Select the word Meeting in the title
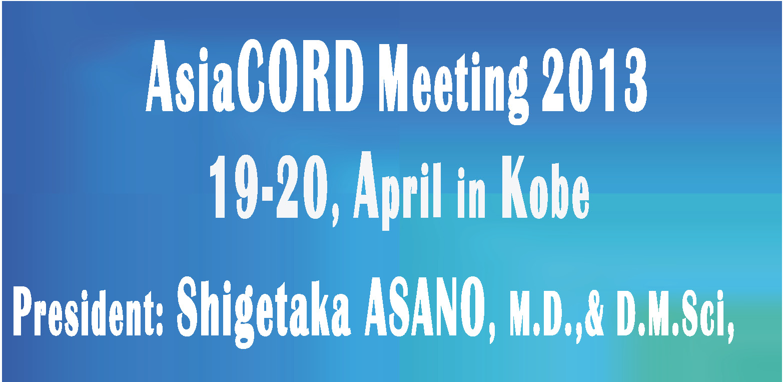click(x=454, y=84)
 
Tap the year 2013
click(x=594, y=80)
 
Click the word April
click(x=397, y=191)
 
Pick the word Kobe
click(x=545, y=187)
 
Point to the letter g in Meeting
click(x=517, y=91)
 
